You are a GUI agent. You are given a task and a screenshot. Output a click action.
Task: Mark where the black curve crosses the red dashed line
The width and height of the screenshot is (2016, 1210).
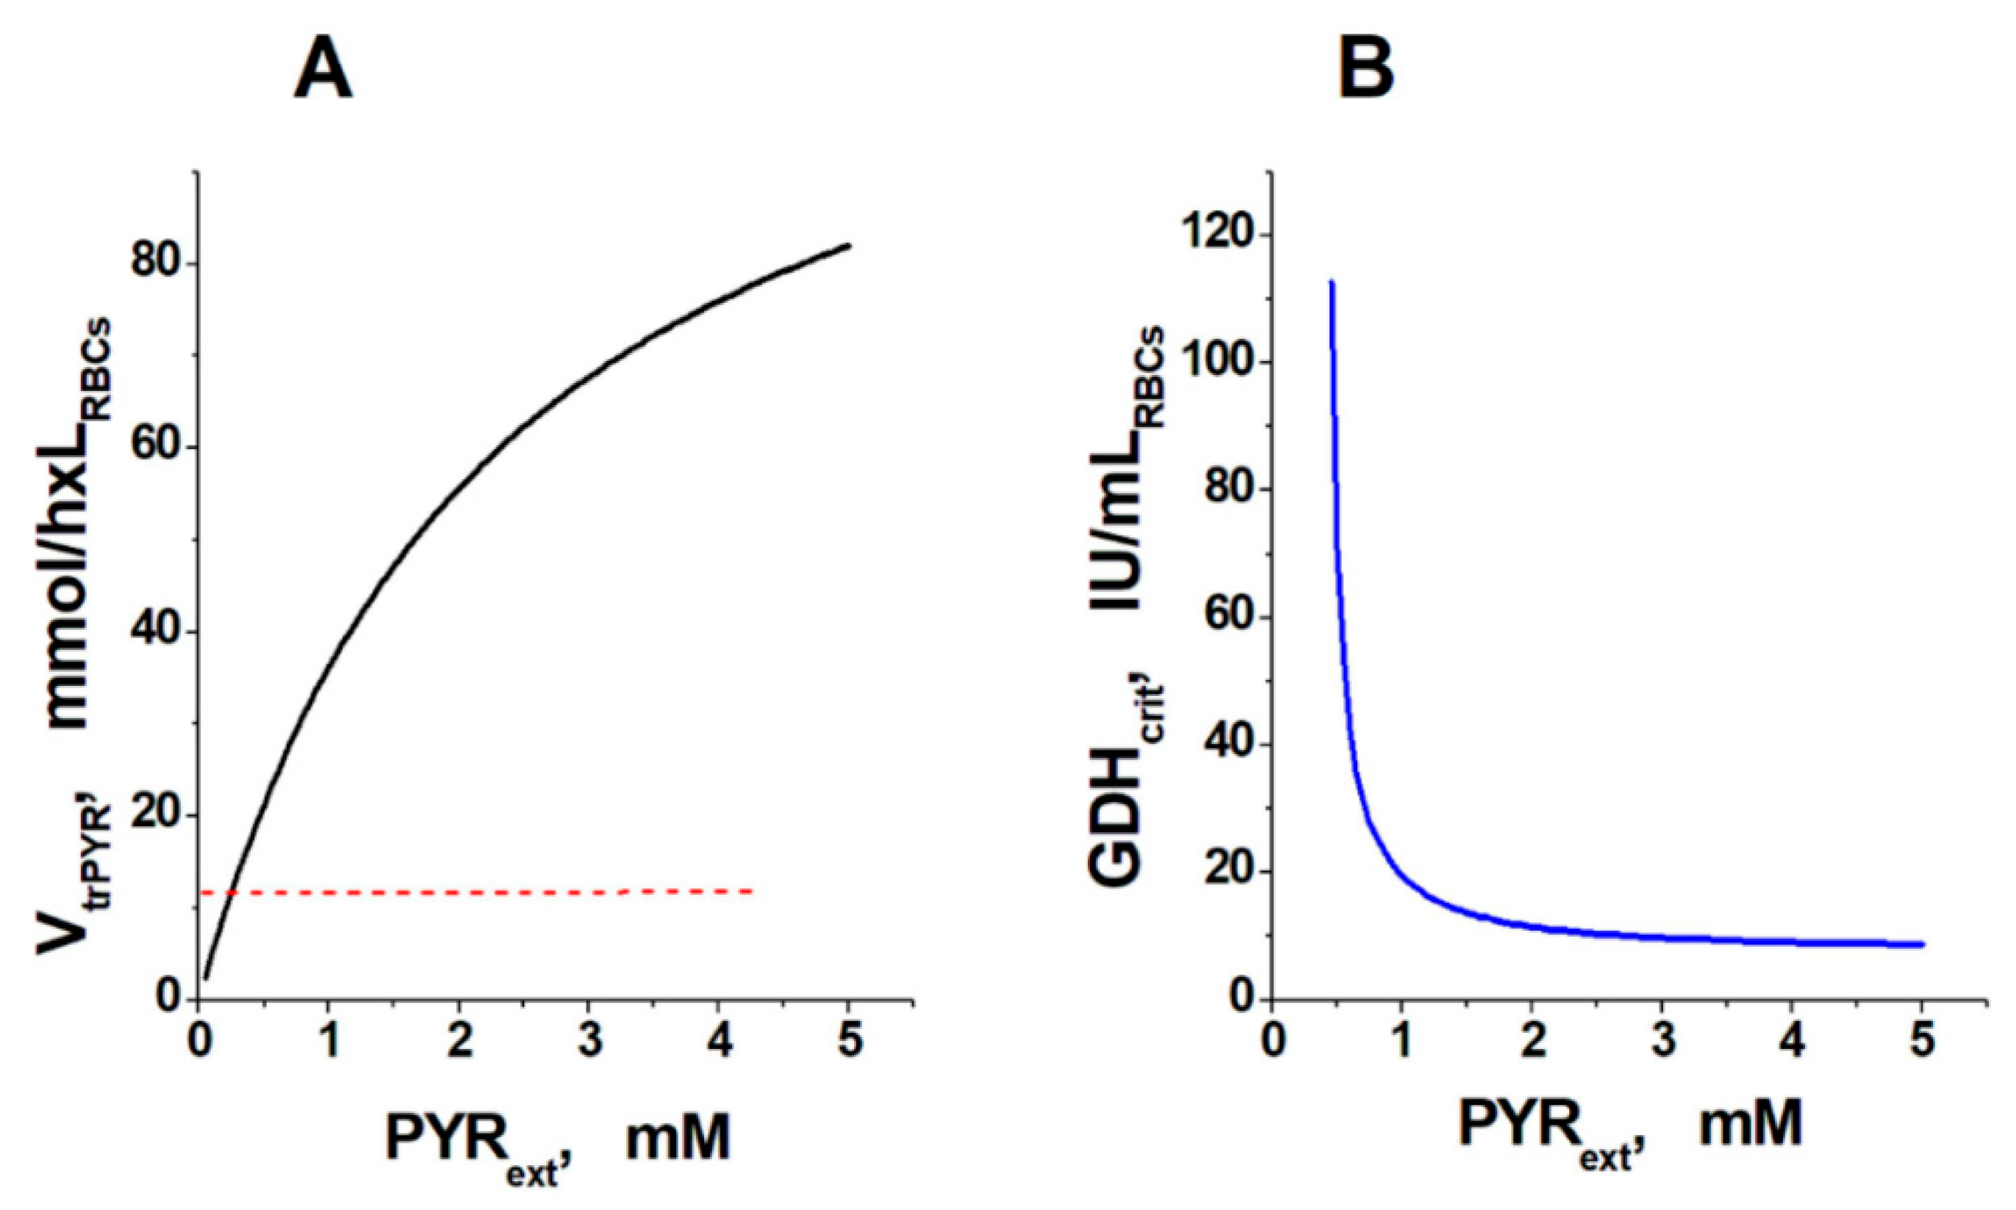coord(232,894)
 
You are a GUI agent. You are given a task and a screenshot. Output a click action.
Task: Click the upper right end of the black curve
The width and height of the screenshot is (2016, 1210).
coord(849,246)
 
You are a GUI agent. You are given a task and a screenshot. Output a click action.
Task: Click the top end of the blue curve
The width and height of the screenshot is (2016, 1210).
coord(1331,283)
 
